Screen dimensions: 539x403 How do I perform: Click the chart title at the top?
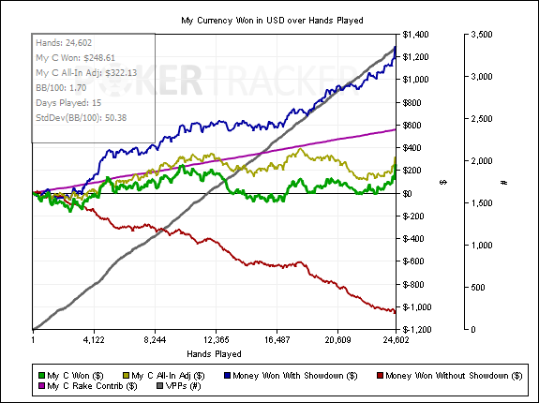tap(272, 21)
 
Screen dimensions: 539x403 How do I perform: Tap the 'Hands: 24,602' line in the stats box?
tap(64, 43)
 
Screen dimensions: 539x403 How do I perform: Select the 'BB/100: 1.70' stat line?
tap(61, 88)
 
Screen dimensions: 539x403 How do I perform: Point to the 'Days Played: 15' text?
tap(68, 103)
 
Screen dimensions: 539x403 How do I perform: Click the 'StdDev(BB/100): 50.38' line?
tap(82, 118)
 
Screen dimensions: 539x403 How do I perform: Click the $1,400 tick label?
tap(415, 35)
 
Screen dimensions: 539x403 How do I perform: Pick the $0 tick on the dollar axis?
tap(408, 193)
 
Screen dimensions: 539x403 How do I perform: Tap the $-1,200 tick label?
tap(415, 330)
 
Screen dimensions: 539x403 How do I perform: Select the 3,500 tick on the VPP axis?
tap(481, 35)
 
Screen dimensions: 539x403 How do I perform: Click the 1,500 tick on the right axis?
tap(481, 203)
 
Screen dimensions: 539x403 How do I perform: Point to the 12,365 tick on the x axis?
tap(216, 340)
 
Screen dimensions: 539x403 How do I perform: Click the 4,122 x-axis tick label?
tap(94, 340)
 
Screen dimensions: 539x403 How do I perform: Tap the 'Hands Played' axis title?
tap(214, 354)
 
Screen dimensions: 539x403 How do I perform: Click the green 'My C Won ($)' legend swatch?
tap(41, 376)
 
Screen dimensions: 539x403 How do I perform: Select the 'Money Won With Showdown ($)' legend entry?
tap(291, 376)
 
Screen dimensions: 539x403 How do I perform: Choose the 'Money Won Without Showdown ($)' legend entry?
tap(450, 376)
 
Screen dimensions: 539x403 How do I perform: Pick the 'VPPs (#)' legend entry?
tap(179, 386)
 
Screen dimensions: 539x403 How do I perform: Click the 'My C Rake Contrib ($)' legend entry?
tap(88, 386)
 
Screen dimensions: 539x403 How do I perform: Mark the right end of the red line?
tap(396, 311)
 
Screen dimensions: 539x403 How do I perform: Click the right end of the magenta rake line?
tap(396, 129)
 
